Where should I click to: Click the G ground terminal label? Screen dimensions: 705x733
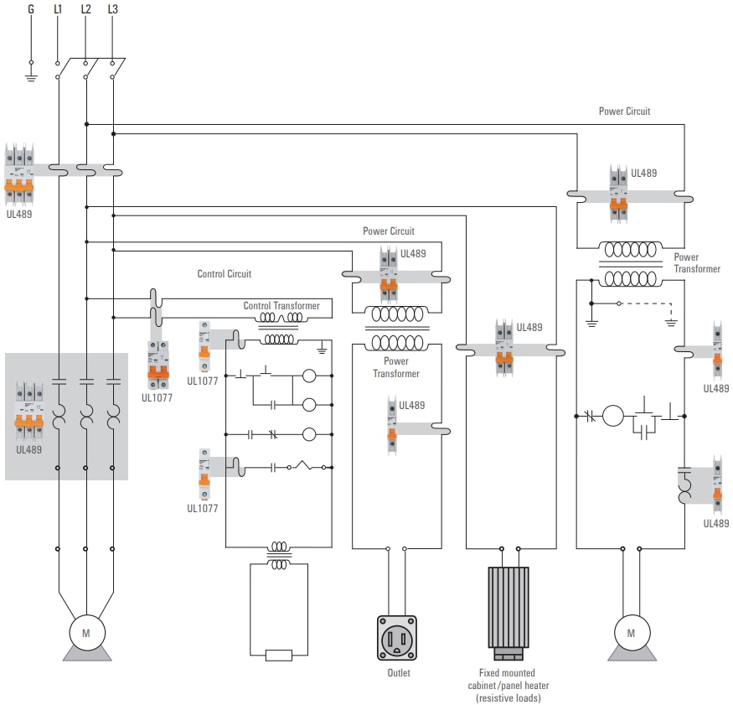pos(31,9)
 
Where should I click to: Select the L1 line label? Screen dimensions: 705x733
pos(58,9)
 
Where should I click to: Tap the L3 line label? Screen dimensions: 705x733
pos(113,9)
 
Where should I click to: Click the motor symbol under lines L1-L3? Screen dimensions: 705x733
pos(85,633)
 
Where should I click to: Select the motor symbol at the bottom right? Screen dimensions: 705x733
pos(632,633)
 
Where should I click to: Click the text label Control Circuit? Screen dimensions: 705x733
pos(224,274)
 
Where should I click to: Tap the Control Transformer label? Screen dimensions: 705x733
pos(281,306)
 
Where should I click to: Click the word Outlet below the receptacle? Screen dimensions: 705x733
pos(399,673)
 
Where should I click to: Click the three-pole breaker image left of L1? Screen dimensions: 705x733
pos(19,174)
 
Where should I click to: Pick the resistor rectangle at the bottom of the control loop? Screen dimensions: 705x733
pos(278,656)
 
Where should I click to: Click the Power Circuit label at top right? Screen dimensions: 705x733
pos(624,111)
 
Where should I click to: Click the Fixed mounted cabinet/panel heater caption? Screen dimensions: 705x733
pos(507,685)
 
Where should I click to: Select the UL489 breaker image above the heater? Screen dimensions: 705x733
pos(503,345)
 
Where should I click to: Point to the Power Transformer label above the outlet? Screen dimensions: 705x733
pos(396,367)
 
